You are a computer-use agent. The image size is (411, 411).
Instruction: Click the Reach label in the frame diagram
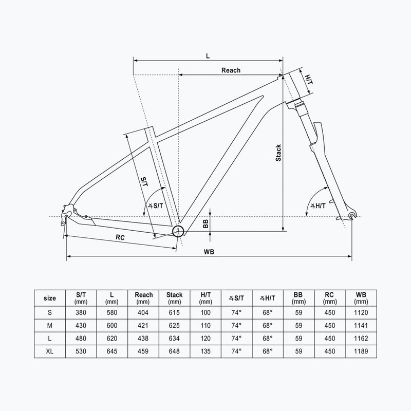pos(231,70)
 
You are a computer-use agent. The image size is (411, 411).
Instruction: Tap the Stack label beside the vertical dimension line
pos(278,153)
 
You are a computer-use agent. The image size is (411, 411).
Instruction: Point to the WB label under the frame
pos(209,252)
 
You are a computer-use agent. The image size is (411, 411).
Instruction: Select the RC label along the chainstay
pos(120,237)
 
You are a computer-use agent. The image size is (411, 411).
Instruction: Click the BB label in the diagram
pos(206,223)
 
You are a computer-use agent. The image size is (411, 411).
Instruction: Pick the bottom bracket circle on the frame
pos(178,231)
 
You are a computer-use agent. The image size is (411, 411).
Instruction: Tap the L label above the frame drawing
pos(208,56)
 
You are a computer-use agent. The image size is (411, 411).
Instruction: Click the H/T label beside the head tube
pos(309,80)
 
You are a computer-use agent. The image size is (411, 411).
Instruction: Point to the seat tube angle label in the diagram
pos(156,206)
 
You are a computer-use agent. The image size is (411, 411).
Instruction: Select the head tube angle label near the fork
pos(317,206)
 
